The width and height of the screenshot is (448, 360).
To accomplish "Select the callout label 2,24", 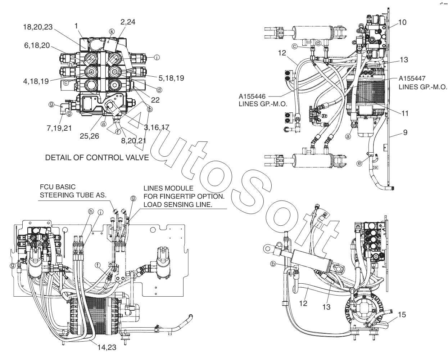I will point(128,22).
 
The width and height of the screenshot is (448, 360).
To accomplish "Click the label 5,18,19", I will point(170,77).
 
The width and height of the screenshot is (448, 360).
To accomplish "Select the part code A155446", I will point(253,96).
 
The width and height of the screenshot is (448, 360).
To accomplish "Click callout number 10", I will point(402,22).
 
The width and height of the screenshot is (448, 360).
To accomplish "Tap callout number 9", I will point(405,132).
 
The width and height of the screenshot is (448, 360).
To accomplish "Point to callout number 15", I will point(402,315).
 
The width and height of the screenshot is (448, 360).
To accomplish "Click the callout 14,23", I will point(107,348).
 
